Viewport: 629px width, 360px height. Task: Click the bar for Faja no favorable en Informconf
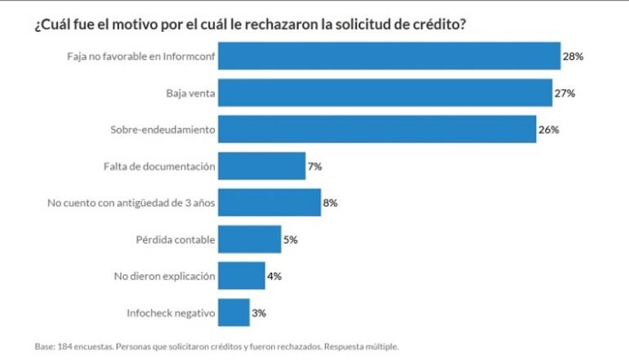(390, 56)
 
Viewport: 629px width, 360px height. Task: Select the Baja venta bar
(386, 93)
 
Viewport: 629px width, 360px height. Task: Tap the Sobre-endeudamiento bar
(377, 130)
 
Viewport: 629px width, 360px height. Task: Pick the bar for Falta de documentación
(261, 167)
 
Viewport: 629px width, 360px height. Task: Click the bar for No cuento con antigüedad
(270, 203)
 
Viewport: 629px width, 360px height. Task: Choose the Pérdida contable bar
(249, 239)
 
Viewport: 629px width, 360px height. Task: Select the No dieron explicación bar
(242, 276)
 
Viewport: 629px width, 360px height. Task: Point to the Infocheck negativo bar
(234, 313)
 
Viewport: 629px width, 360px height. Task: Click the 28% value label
(572, 56)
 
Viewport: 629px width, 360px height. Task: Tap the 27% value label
(565, 93)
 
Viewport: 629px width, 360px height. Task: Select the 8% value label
(330, 203)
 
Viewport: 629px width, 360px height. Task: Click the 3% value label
(259, 313)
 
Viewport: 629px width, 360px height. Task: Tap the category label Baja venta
(190, 93)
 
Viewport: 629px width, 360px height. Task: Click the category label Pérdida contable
(175, 239)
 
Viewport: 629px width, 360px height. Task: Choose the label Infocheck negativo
(172, 313)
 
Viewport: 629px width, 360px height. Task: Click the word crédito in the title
(440, 24)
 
